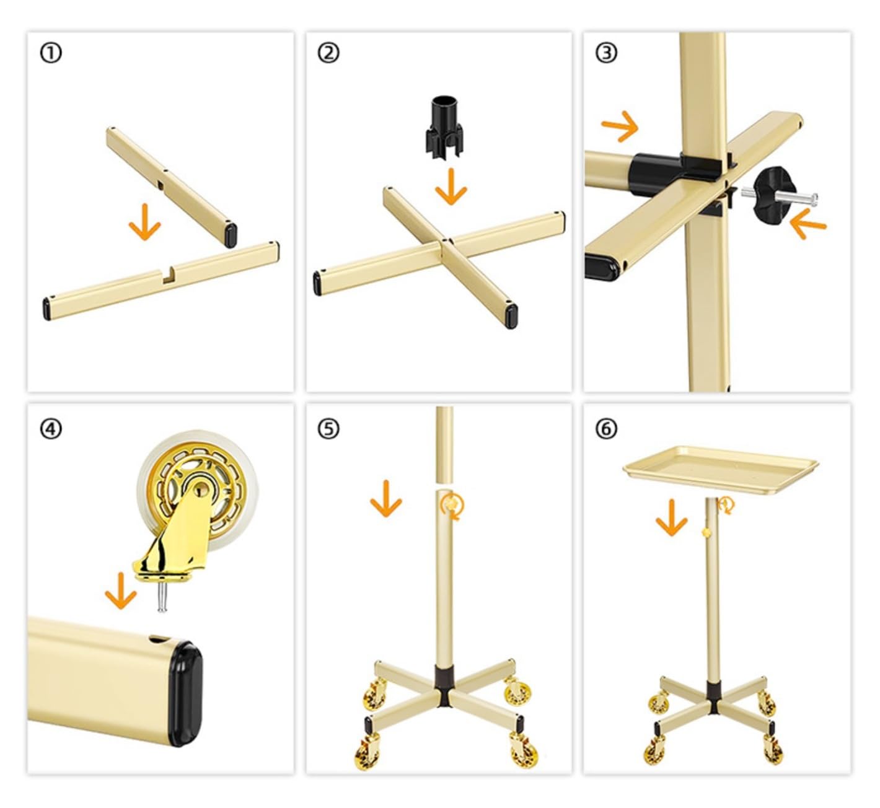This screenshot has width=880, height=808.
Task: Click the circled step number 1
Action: click(x=51, y=53)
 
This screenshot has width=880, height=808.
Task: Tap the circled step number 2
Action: click(x=328, y=53)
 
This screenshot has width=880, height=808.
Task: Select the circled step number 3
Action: click(x=606, y=53)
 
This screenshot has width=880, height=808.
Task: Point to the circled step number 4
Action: click(x=51, y=429)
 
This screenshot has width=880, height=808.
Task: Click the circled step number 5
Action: click(x=328, y=429)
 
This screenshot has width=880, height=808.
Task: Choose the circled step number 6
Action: click(x=606, y=429)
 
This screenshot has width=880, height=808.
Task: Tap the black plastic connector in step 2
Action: click(x=444, y=126)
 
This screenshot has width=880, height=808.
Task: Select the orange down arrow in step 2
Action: click(x=451, y=187)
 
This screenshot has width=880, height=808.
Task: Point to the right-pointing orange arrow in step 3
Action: click(x=620, y=126)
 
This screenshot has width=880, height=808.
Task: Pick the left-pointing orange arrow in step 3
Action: click(x=807, y=224)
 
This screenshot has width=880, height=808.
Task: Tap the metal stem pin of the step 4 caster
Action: click(x=162, y=597)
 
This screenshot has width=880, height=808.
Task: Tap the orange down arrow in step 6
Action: click(x=671, y=518)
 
